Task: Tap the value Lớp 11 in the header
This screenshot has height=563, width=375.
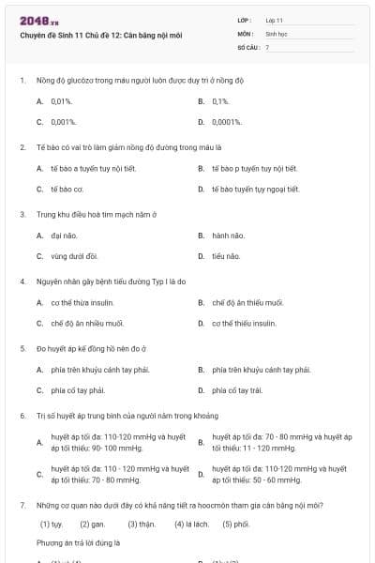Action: pos(275,20)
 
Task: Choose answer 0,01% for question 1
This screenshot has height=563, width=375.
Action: pos(62,100)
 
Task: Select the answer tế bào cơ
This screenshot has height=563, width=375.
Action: pos(67,189)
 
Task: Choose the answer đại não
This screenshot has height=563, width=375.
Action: pos(63,235)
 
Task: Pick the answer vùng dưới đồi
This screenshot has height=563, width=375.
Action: pos(74,255)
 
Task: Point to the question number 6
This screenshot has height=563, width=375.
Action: pos(22,416)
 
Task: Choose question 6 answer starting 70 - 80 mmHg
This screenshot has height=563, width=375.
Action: pos(281,442)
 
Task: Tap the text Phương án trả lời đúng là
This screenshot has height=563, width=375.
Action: pos(80,542)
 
